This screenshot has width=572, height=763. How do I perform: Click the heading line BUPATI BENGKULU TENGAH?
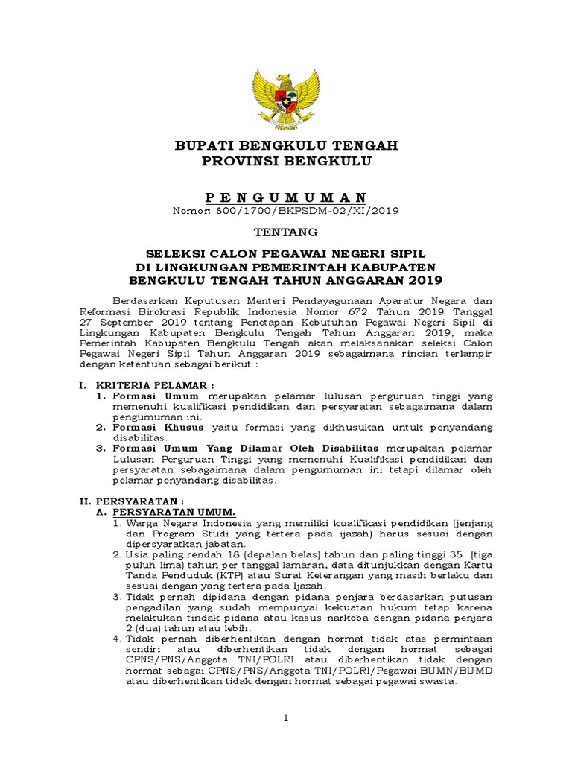[x=286, y=145]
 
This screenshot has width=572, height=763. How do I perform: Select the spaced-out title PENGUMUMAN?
[x=286, y=197]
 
